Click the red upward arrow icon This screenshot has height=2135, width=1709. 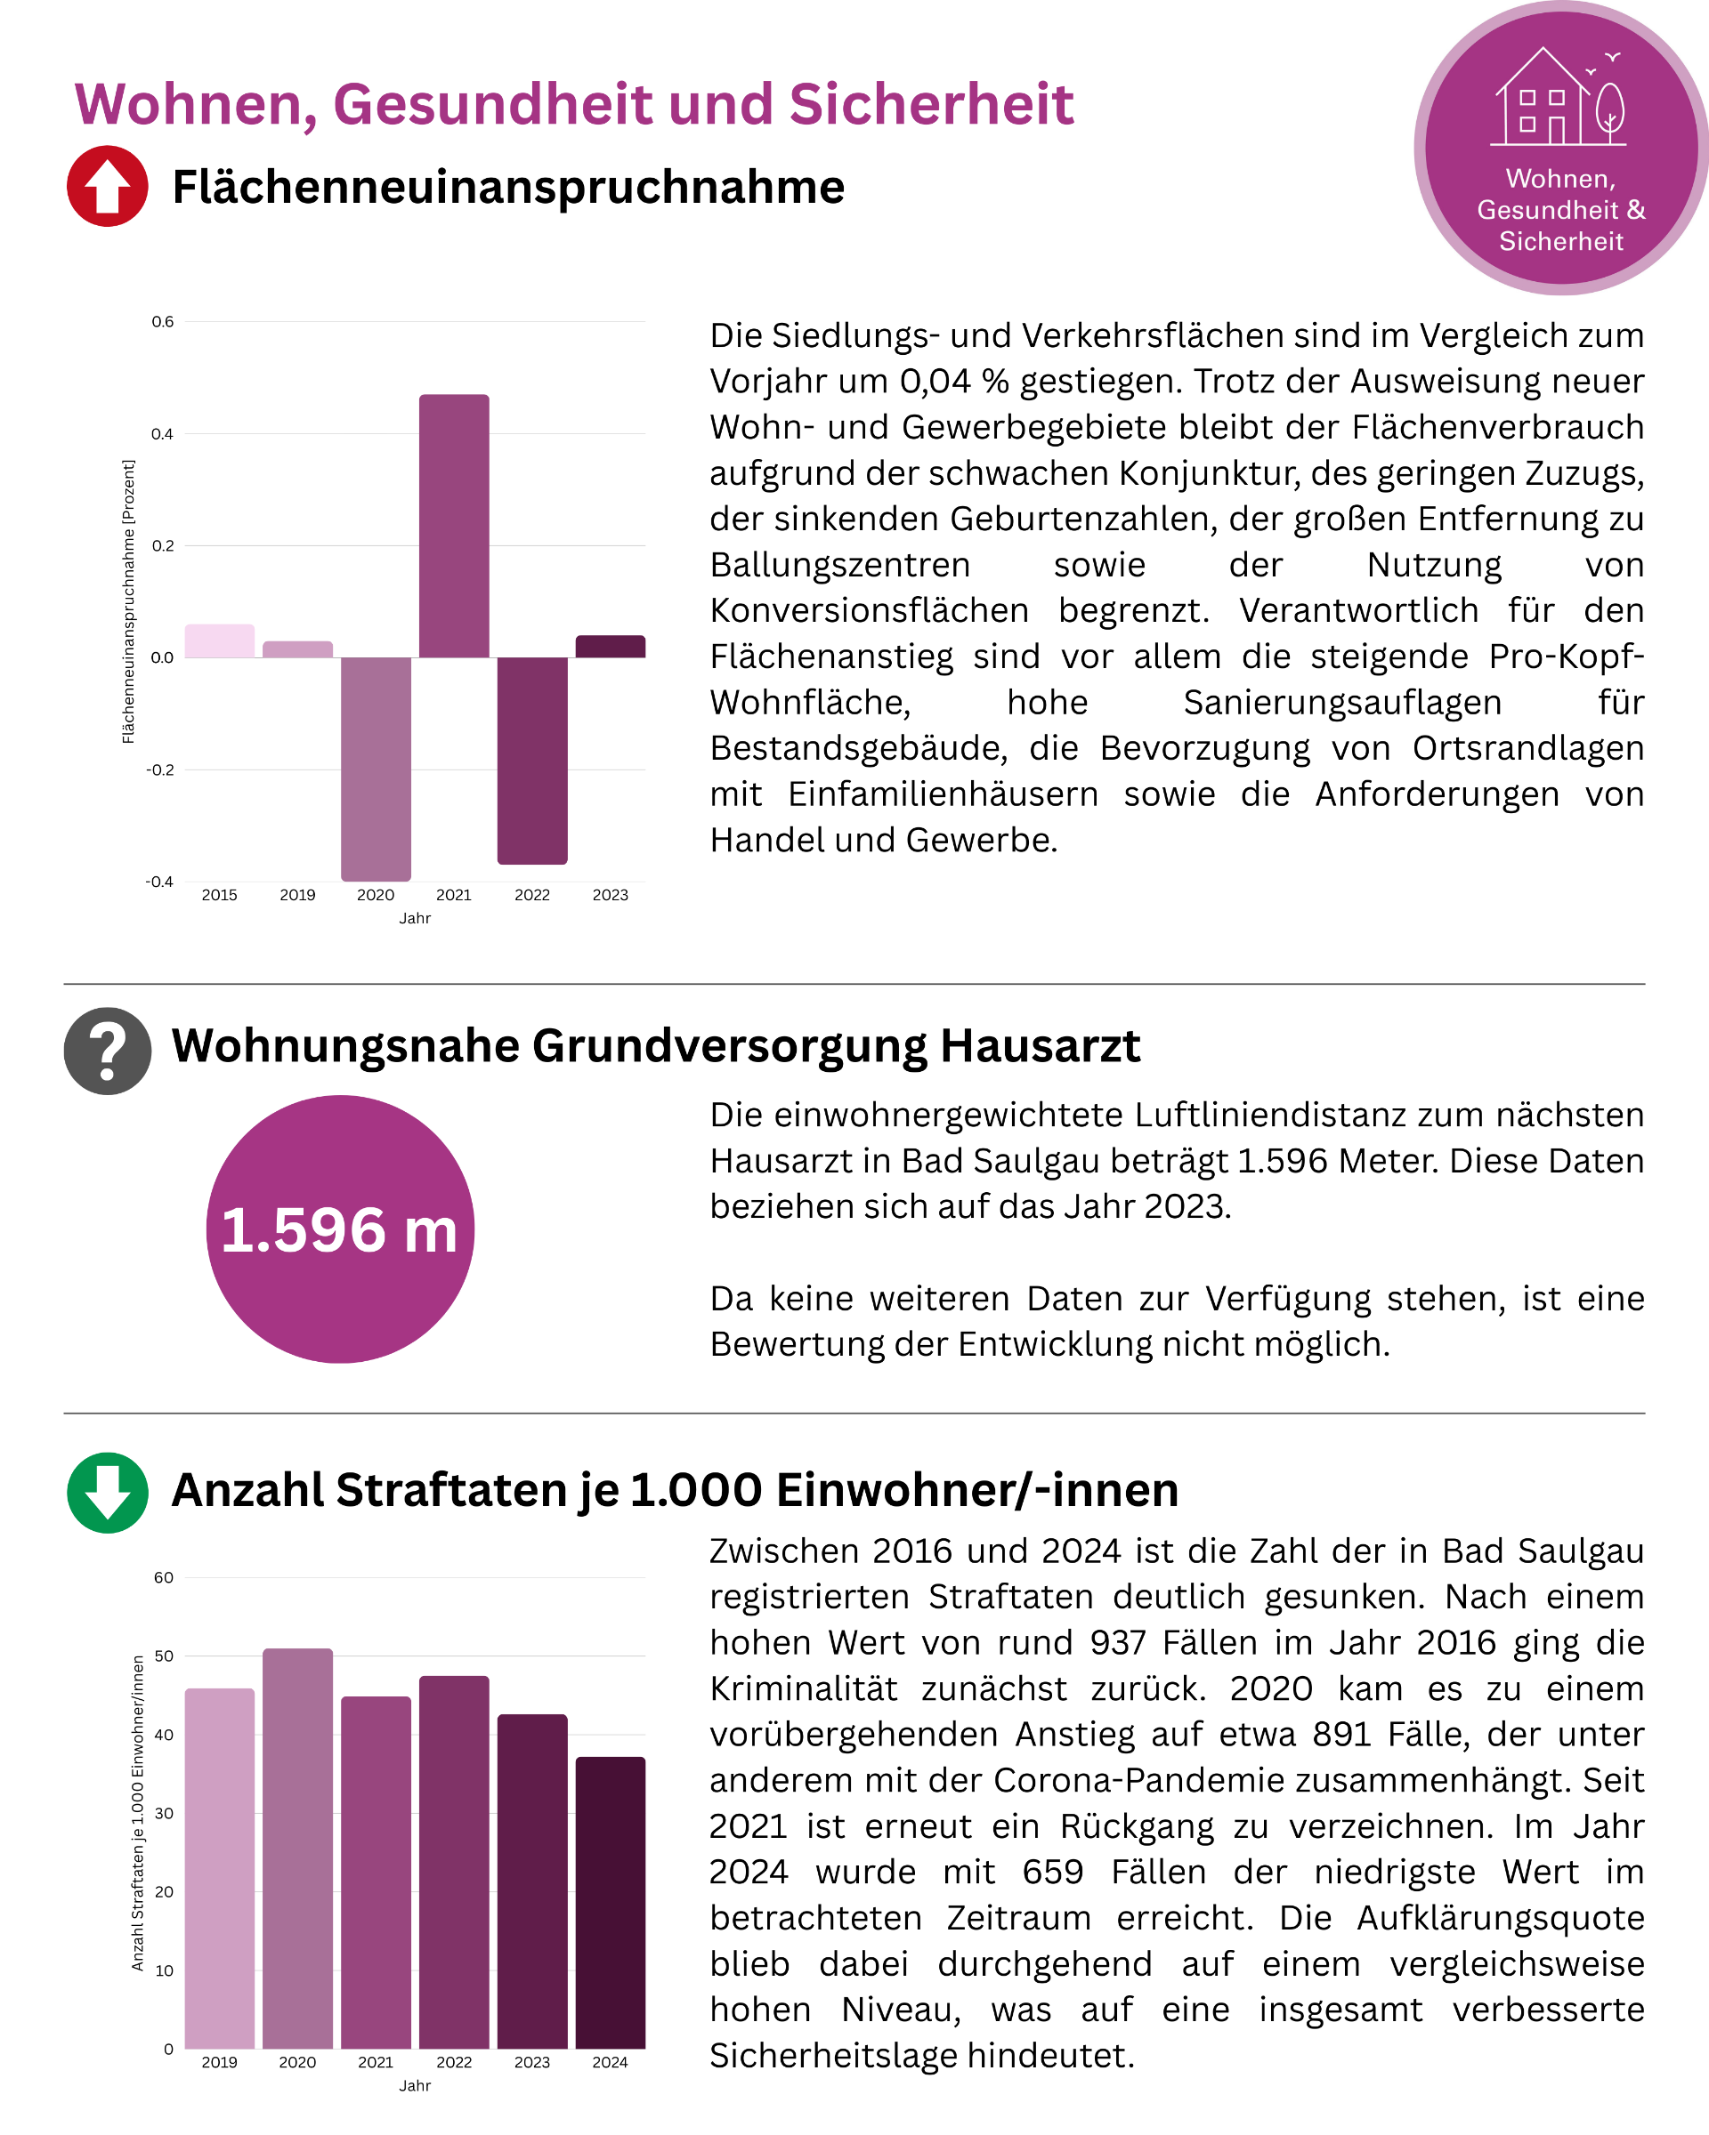(x=107, y=186)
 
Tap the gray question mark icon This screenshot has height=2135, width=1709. (x=107, y=1051)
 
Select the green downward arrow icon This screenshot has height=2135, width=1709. (x=107, y=1493)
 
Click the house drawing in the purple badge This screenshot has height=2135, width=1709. (x=1558, y=98)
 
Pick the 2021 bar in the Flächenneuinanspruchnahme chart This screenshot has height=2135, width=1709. (x=454, y=526)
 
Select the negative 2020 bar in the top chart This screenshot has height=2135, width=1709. (x=376, y=769)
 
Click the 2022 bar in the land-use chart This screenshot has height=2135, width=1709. (x=532, y=760)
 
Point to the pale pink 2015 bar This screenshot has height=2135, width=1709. (x=219, y=640)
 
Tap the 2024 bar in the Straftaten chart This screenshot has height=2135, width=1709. (x=611, y=1902)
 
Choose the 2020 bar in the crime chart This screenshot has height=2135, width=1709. (x=297, y=1848)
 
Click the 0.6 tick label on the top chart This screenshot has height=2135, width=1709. (x=163, y=322)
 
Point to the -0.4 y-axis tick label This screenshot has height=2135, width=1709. (x=159, y=882)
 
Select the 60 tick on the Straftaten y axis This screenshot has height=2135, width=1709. (x=164, y=1577)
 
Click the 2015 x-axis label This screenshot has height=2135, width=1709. (x=219, y=895)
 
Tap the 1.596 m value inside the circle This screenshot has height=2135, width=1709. (x=339, y=1230)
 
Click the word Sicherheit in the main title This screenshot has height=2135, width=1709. (x=931, y=104)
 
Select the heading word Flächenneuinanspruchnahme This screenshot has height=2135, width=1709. (x=508, y=187)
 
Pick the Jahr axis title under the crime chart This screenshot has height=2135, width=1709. (x=414, y=2085)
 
